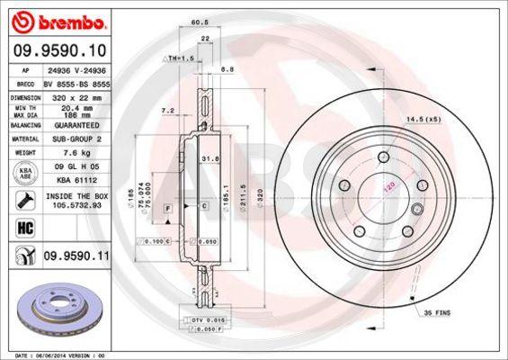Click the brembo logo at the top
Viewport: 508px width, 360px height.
pyautogui.click(x=56, y=20)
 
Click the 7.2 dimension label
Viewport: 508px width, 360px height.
pyautogui.click(x=166, y=110)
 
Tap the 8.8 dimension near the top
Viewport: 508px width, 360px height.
pyautogui.click(x=227, y=67)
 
